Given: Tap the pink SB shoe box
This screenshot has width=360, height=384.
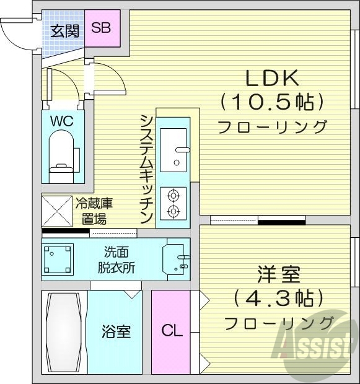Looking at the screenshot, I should (x=102, y=28).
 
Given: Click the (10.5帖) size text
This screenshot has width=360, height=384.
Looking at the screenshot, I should (x=272, y=101).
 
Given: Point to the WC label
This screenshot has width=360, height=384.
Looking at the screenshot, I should (x=61, y=121).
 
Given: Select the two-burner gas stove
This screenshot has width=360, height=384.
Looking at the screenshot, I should (x=172, y=203).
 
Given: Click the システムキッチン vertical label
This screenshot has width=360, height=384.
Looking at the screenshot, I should (x=147, y=168).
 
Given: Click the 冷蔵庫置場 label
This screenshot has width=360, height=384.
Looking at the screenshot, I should (x=94, y=210).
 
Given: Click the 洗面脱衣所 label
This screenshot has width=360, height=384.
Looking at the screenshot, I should (x=116, y=260).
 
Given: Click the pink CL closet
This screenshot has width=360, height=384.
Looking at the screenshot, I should (x=172, y=331).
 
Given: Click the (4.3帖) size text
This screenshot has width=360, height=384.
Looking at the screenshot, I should (x=278, y=298).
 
